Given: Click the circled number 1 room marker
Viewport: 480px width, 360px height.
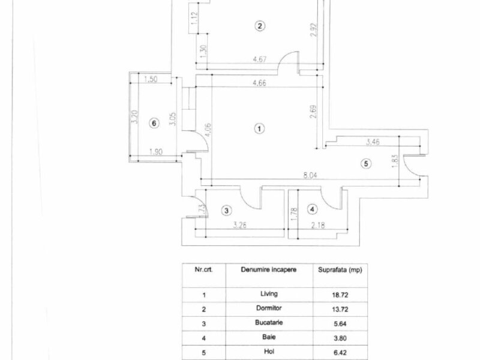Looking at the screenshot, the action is [259, 128].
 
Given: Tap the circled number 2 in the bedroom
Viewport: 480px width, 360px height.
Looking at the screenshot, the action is [260, 26].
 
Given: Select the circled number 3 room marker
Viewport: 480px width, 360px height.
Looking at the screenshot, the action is [226, 211].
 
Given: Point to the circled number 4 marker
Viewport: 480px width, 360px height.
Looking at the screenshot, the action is [312, 209].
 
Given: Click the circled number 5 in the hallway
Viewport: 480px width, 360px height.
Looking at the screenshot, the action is [366, 163].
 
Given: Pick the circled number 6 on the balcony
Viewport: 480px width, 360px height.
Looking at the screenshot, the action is [154, 123].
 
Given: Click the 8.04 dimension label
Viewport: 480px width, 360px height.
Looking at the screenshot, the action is [310, 175].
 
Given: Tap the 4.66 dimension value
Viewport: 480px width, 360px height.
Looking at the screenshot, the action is [259, 83].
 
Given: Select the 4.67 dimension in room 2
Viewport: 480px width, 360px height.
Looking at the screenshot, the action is [260, 59].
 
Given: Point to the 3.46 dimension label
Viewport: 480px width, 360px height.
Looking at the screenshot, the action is [373, 142].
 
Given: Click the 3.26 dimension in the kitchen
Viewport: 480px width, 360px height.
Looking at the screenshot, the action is [239, 226].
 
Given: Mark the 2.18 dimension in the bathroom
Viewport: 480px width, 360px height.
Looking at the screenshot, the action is [318, 226].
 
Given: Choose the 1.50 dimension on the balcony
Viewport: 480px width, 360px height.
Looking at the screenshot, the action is [151, 79].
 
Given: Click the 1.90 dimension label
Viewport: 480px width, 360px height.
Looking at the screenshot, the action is [156, 152].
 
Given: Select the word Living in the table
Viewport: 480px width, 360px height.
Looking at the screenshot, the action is [269, 294].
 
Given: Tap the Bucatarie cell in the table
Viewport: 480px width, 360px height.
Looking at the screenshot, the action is [269, 323].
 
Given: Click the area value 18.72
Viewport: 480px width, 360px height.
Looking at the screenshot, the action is [340, 295].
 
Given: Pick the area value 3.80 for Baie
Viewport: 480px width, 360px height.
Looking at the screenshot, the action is [340, 338].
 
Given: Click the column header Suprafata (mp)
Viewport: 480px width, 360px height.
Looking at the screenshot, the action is [340, 270].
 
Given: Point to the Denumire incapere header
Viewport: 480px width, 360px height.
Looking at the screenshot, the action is [269, 270].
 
